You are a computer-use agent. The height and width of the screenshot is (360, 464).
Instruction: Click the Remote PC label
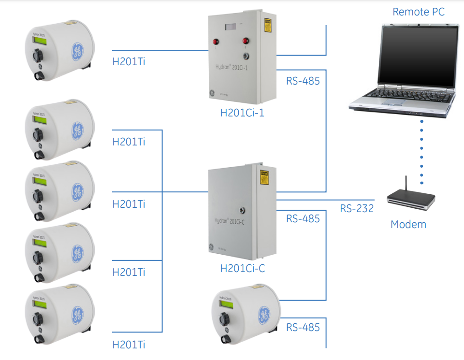point(418,12)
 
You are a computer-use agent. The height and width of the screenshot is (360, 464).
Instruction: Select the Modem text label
point(408,224)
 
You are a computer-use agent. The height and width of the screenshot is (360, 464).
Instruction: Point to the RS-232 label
point(357,209)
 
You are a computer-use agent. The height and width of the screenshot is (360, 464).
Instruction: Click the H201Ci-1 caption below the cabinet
point(242,113)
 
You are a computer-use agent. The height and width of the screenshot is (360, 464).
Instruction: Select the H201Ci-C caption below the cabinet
point(243,268)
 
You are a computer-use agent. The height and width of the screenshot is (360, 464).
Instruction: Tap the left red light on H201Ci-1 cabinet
point(211,41)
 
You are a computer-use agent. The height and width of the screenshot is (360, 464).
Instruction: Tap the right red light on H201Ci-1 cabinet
point(246,41)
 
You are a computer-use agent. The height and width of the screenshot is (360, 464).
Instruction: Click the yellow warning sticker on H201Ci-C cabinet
point(264,177)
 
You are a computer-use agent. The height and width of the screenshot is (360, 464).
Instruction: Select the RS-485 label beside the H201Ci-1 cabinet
point(303,81)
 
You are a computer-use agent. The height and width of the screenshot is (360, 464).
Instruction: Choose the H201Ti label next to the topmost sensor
point(129,62)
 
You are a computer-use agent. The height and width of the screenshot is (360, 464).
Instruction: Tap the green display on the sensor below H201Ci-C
point(226,304)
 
